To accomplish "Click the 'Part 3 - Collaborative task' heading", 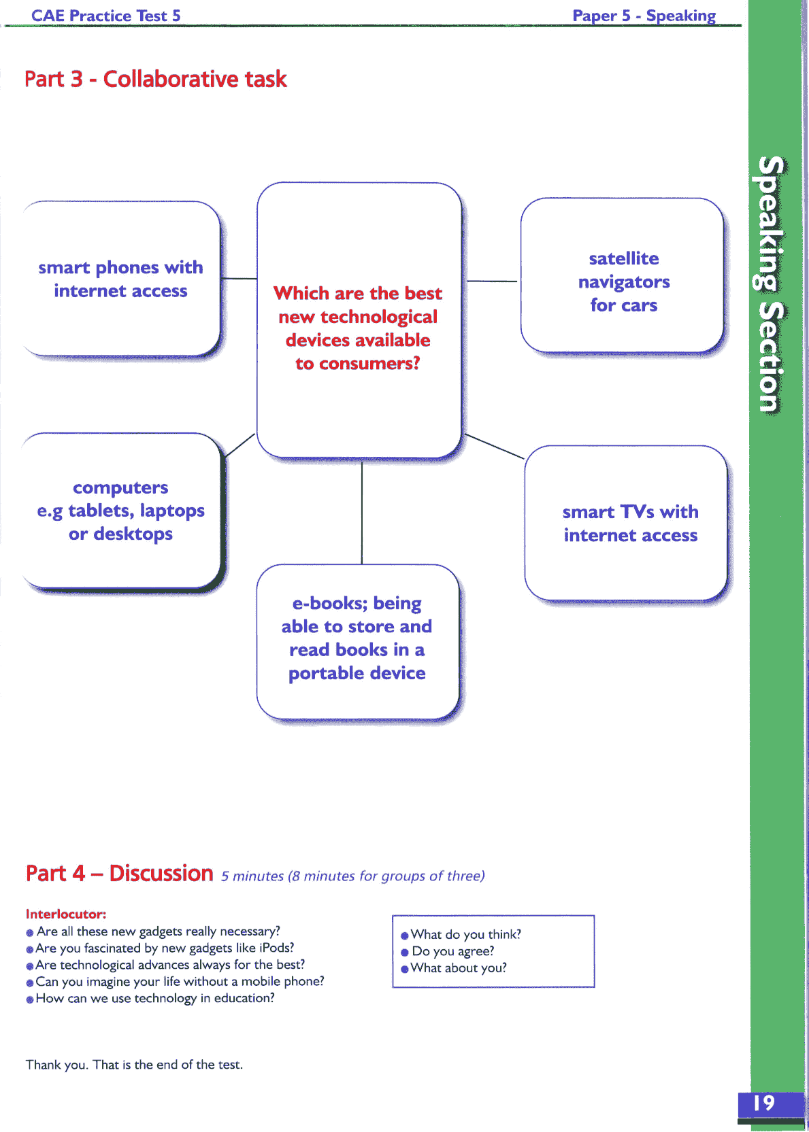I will coord(155,80).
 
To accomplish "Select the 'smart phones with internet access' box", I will coord(120,279).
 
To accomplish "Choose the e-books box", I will coord(357,638).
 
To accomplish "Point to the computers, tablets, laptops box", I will coord(120,511).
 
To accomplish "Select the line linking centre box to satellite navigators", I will coord(491,281).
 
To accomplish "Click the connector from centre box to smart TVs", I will coord(494,446).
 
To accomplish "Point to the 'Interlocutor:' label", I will coord(66,914).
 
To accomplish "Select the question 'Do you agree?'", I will coord(452,951).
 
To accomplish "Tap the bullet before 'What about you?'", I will coord(405,969).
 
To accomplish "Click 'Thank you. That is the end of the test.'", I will coord(134,1065).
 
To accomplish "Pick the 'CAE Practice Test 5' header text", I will coord(105,16).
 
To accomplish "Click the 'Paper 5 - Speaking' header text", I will coord(644,16).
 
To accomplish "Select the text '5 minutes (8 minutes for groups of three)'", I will coord(352,876).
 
